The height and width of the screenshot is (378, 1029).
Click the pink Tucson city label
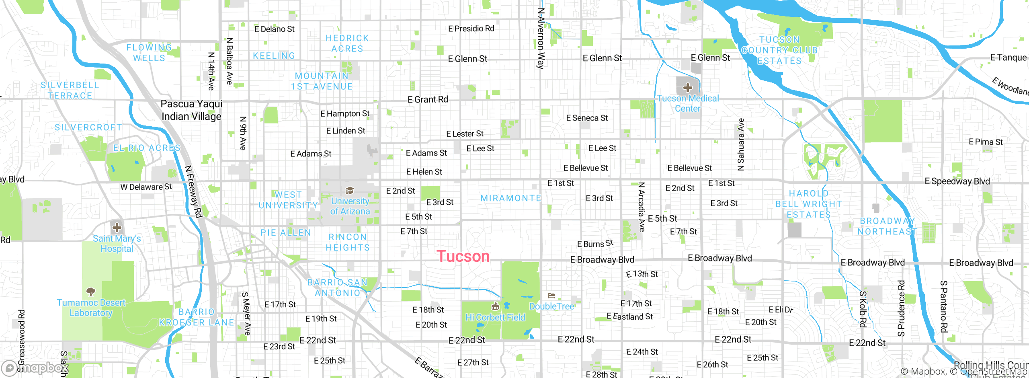point(463,257)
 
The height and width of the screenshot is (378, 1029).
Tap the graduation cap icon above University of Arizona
point(350,190)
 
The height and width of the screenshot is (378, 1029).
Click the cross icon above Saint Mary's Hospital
point(117,228)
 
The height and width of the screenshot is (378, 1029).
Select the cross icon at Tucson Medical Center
point(687,87)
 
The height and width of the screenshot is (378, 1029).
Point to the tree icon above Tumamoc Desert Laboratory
point(91,291)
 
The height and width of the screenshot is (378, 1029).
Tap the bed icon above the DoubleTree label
point(551,296)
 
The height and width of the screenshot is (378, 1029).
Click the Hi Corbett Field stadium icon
point(495,307)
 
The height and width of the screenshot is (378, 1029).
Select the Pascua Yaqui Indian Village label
point(191,110)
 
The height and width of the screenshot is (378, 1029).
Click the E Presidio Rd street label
point(471,29)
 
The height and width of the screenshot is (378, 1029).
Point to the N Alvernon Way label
point(541,39)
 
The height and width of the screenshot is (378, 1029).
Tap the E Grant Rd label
point(428,99)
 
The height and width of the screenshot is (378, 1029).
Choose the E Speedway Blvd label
point(957,181)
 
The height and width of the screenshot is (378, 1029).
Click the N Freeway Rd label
point(193,191)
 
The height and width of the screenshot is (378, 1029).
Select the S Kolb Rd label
point(863,309)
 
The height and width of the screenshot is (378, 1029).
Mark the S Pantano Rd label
point(943,306)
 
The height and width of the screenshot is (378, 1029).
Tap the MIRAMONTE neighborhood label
point(511,198)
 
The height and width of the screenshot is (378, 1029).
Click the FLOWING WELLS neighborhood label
point(149,53)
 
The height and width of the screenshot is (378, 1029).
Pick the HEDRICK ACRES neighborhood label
point(347,43)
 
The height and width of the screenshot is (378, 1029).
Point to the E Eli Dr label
point(781,310)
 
